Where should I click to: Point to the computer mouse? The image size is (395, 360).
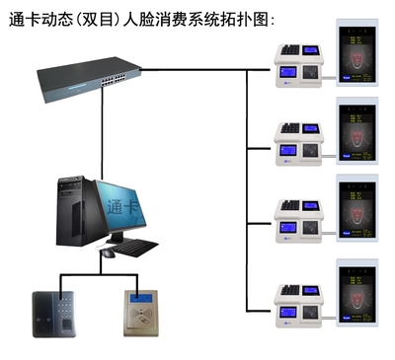(107, 253)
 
